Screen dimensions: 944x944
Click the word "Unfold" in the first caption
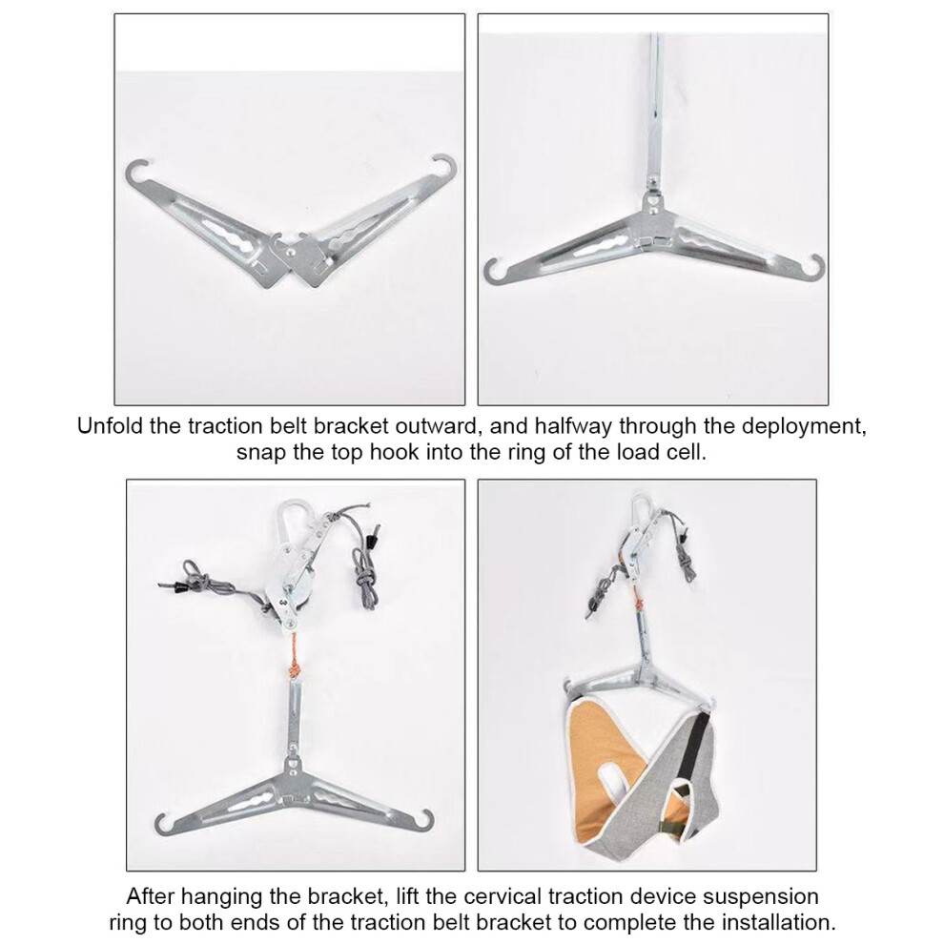pos(111,426)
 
